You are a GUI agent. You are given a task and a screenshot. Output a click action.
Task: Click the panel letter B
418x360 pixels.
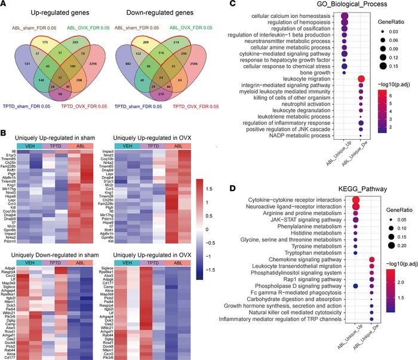click(x=5, y=122)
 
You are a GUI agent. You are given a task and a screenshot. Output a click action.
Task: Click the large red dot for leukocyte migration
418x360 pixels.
click(x=361, y=79)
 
